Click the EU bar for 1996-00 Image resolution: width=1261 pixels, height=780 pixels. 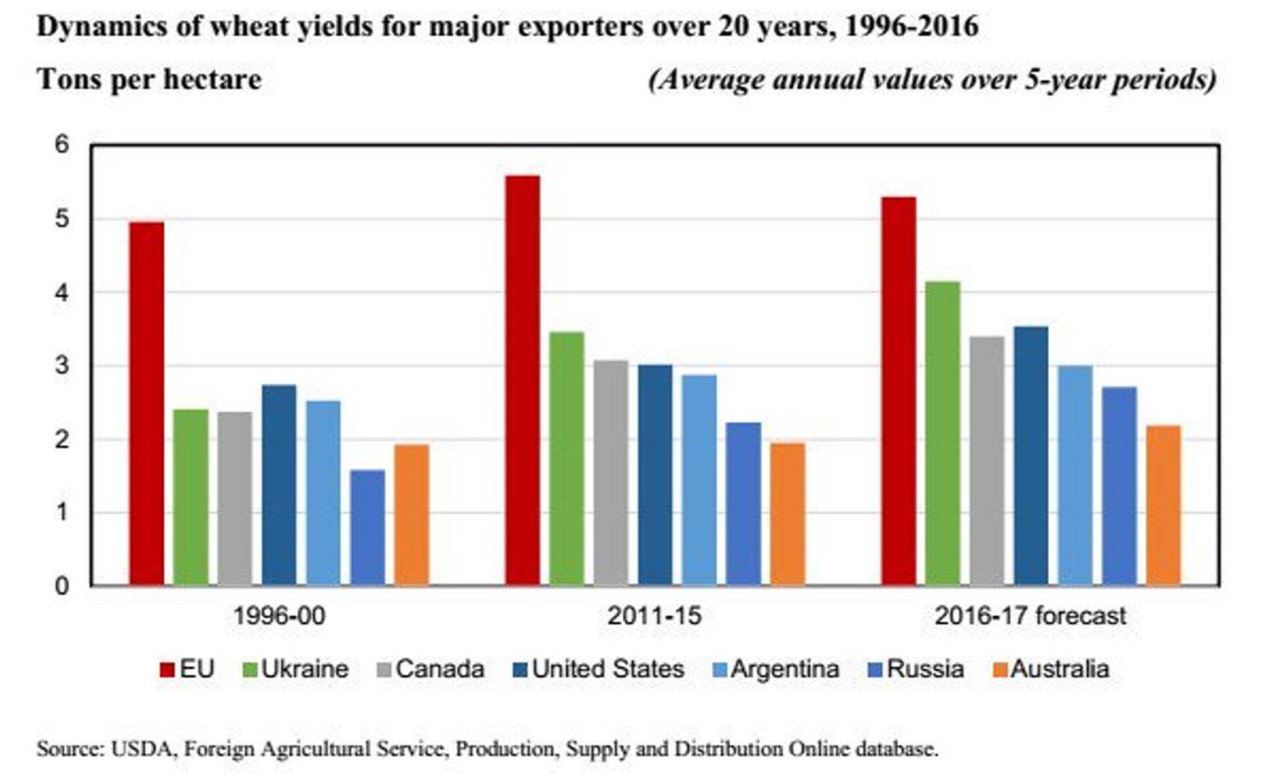(146, 403)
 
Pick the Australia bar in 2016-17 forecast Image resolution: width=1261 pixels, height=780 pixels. (1163, 505)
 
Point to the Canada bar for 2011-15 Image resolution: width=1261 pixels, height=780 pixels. (611, 473)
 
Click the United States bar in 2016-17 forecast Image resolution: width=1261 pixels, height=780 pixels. (1030, 456)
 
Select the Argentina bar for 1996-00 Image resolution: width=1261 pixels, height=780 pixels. (323, 492)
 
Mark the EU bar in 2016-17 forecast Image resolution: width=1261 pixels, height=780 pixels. (898, 391)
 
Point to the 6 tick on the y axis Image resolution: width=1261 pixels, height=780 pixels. (62, 144)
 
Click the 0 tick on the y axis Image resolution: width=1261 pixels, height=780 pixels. (62, 586)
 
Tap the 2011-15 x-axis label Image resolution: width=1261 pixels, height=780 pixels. (654, 616)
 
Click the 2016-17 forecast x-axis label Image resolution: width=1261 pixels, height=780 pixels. (1030, 616)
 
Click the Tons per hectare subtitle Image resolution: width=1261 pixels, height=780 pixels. (149, 79)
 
